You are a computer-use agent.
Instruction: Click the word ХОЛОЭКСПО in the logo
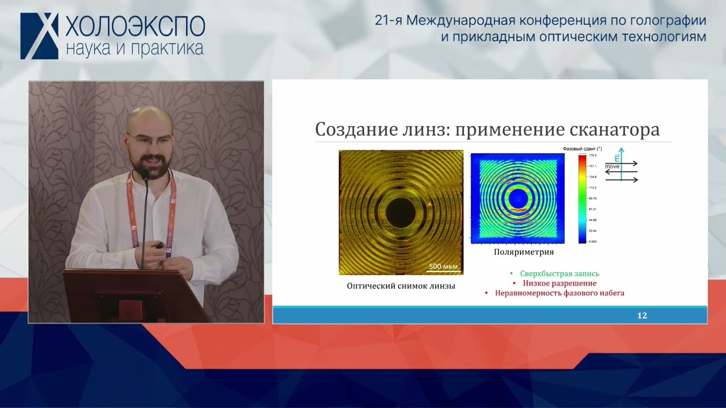(x=135, y=26)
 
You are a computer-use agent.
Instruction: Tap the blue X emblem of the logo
(x=40, y=36)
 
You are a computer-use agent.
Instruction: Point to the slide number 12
(x=641, y=316)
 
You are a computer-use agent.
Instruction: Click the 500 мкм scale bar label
(x=443, y=266)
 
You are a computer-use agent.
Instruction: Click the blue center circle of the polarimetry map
(x=517, y=198)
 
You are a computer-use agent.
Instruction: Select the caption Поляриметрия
(x=524, y=252)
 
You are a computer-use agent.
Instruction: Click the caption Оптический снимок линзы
(x=400, y=286)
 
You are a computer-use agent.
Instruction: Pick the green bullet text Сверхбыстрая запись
(x=559, y=274)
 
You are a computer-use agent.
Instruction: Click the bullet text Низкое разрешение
(x=559, y=283)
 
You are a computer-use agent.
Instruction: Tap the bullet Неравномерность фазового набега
(x=559, y=293)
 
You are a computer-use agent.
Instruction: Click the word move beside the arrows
(x=612, y=167)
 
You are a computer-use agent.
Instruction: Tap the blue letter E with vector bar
(x=617, y=158)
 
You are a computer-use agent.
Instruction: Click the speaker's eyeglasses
(x=149, y=139)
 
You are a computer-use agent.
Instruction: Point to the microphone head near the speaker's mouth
(x=145, y=175)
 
